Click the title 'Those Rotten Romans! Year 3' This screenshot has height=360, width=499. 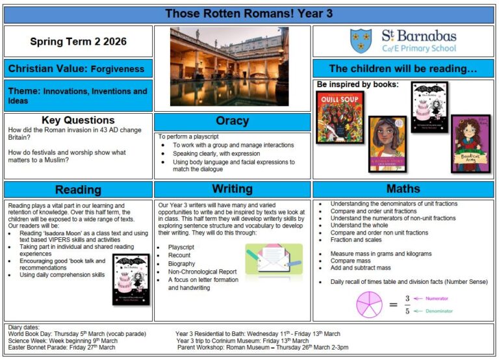[249, 14]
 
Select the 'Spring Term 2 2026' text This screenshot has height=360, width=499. [78, 42]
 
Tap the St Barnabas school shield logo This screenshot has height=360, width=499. [361, 41]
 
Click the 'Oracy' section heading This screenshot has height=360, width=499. [232, 122]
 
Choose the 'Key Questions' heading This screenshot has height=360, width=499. [78, 120]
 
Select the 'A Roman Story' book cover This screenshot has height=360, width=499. [387, 144]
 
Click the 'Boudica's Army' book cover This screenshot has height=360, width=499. [470, 144]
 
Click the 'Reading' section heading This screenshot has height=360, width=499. [78, 190]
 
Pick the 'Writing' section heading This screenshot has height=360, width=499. [232, 190]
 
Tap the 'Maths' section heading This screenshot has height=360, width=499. [403, 190]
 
